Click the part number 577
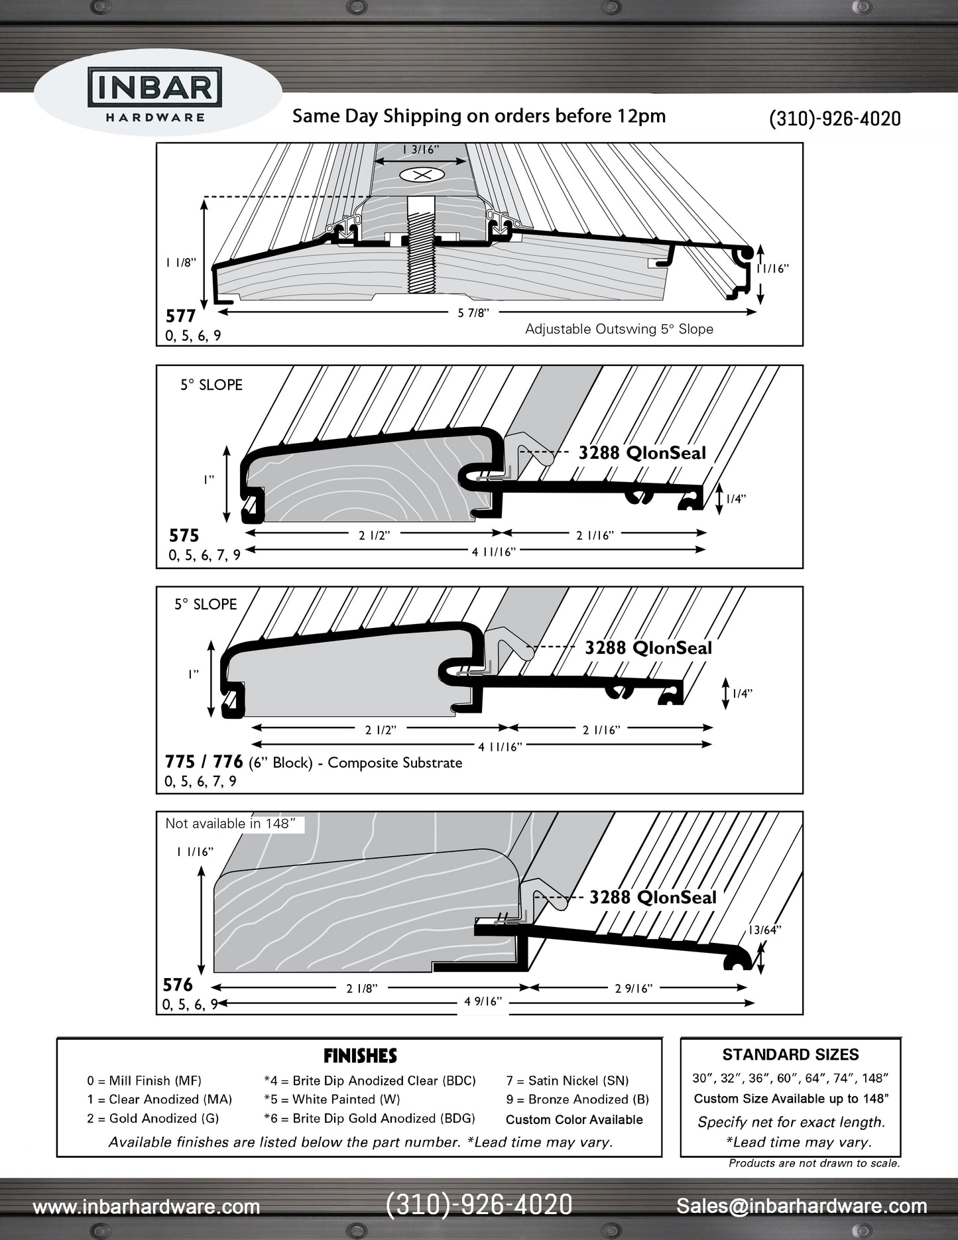coord(180,316)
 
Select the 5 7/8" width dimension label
coord(473,313)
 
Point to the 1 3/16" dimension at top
coord(421,150)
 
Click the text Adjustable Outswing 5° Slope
coord(619,329)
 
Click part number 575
coord(184,536)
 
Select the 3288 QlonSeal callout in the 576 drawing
coord(652,897)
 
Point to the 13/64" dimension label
coord(764,930)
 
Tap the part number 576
coord(178,985)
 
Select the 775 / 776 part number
coord(204,762)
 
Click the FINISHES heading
coord(360,1056)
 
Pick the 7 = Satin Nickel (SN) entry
coord(567,1081)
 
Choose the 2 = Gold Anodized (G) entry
coord(152,1118)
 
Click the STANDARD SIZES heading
coord(790,1054)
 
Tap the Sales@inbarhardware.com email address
coord(802,1206)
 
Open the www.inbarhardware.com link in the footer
coord(147,1207)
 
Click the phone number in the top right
coord(834,119)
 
